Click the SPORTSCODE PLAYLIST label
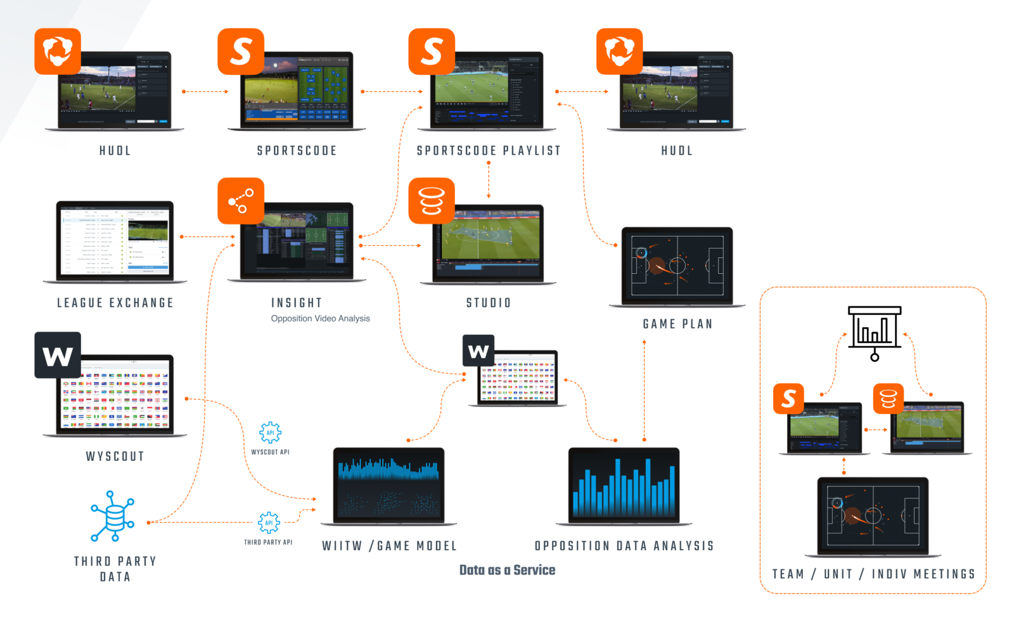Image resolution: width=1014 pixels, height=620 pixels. pyautogui.click(x=488, y=151)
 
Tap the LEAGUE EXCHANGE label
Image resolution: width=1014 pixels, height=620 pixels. pyautogui.click(x=115, y=303)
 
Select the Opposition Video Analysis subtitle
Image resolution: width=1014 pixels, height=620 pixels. pyautogui.click(x=320, y=318)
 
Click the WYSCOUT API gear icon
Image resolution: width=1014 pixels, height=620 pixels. pyautogui.click(x=270, y=433)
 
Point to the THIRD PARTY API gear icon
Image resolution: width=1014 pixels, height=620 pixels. pyautogui.click(x=269, y=523)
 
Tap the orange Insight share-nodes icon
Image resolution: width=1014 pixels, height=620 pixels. pyautogui.click(x=241, y=200)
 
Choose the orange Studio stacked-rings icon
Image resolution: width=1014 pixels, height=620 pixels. pyautogui.click(x=432, y=200)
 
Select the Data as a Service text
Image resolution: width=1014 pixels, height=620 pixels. pyautogui.click(x=507, y=570)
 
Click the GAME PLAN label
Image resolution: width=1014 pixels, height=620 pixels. pyautogui.click(x=677, y=324)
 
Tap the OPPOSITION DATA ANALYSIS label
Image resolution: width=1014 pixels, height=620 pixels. pyautogui.click(x=624, y=546)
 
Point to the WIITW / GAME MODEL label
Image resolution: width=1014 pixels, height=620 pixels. pyautogui.click(x=389, y=546)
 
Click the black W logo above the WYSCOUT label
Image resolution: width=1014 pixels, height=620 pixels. pyautogui.click(x=58, y=355)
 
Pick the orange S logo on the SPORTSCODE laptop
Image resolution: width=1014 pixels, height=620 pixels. pyautogui.click(x=241, y=51)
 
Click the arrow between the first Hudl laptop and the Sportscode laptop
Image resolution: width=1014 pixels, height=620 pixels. pyautogui.click(x=205, y=91)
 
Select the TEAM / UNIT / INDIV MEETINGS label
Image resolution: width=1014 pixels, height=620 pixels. pyautogui.click(x=873, y=574)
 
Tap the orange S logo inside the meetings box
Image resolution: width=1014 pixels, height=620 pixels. pyautogui.click(x=788, y=399)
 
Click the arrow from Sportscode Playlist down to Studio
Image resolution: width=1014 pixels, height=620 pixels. pyautogui.click(x=489, y=180)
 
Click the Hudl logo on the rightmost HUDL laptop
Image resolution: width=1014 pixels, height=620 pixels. pyautogui.click(x=619, y=51)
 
